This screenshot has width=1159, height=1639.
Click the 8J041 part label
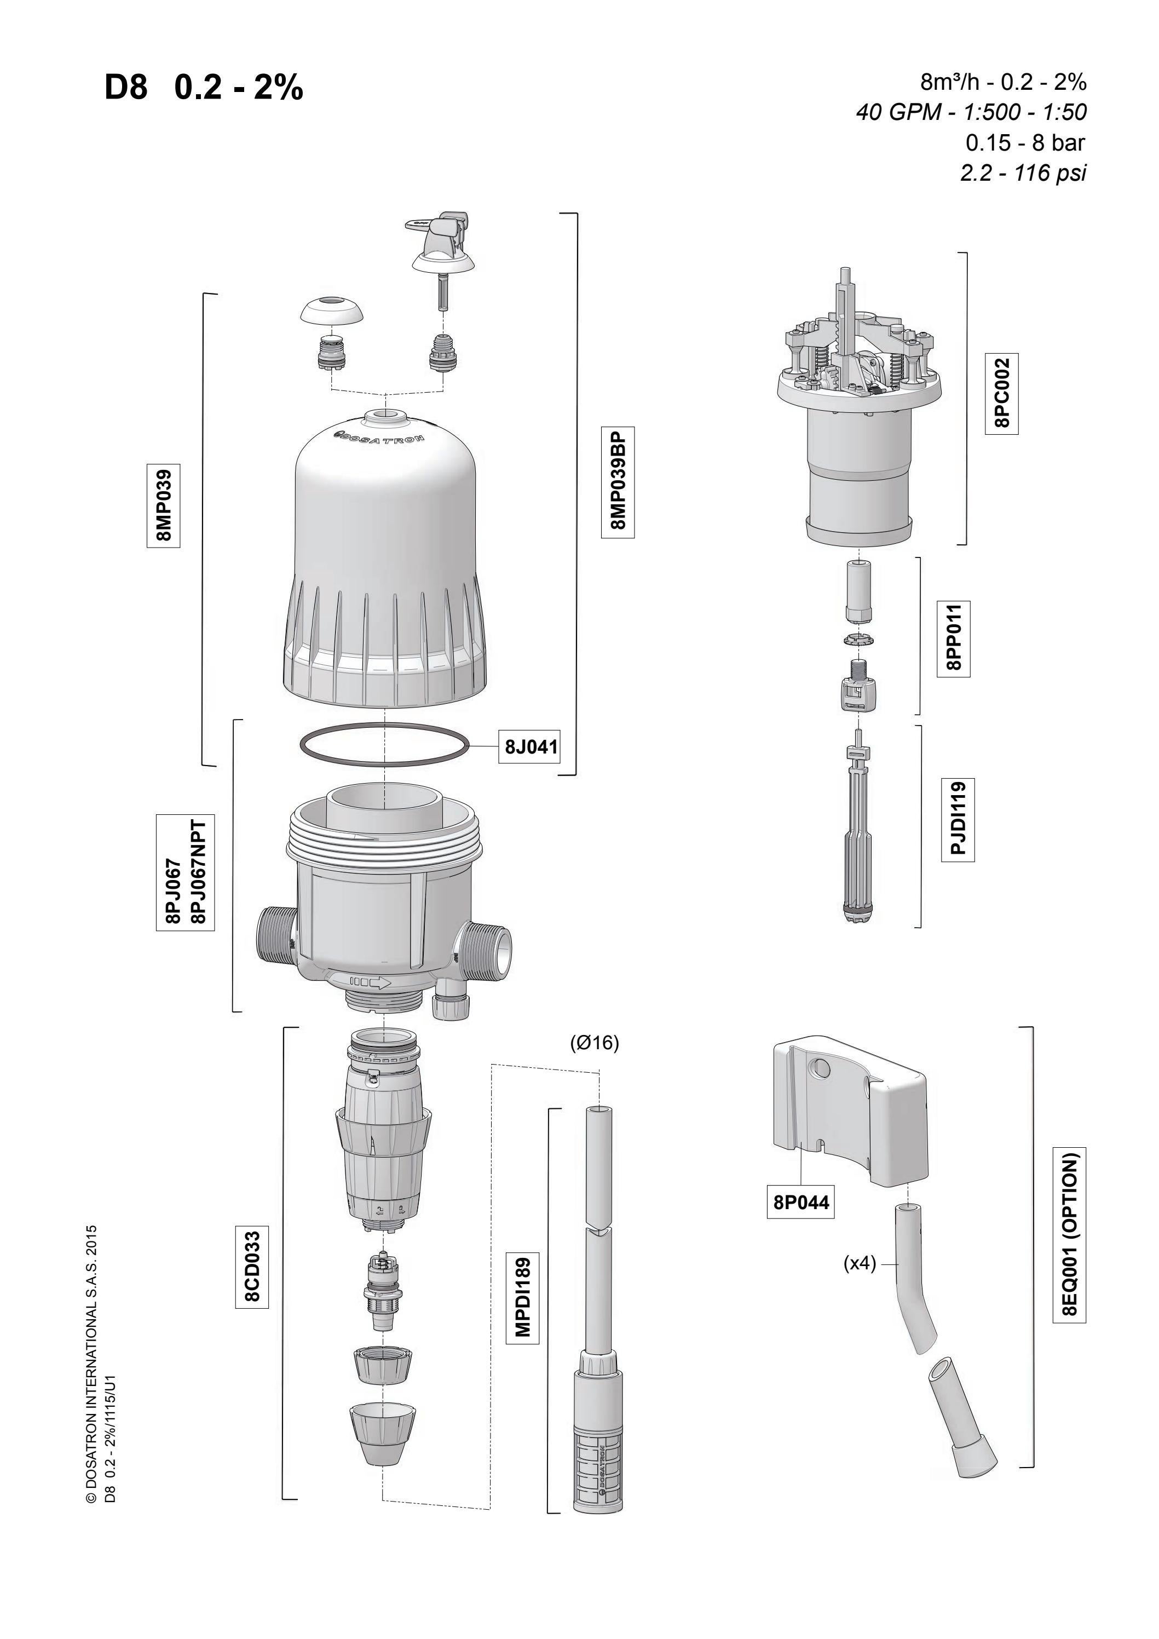[x=531, y=747]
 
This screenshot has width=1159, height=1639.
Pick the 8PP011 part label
[x=954, y=637]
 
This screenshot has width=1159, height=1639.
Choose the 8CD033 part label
[x=252, y=1266]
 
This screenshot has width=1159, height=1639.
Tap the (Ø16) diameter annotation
[x=595, y=1043]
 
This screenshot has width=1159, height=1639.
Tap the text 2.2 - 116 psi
[x=1023, y=172]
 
